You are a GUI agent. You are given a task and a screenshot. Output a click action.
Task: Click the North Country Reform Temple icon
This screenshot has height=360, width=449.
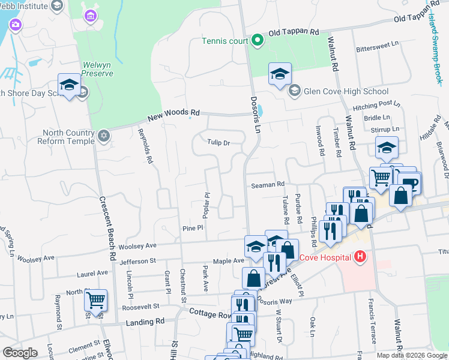(x=104, y=136)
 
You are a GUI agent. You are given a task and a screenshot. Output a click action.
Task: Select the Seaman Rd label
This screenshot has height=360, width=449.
(x=267, y=185)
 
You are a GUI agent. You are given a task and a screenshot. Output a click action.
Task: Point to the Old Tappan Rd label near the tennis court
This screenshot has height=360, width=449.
(x=293, y=32)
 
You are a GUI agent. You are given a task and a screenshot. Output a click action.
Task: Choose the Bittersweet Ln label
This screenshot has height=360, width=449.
(x=377, y=45)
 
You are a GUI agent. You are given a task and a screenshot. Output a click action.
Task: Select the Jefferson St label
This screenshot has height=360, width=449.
(x=137, y=261)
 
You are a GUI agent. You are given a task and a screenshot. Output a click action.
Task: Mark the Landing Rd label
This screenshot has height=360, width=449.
(x=145, y=322)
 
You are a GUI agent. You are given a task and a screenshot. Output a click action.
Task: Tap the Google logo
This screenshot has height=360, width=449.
(x=20, y=353)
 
